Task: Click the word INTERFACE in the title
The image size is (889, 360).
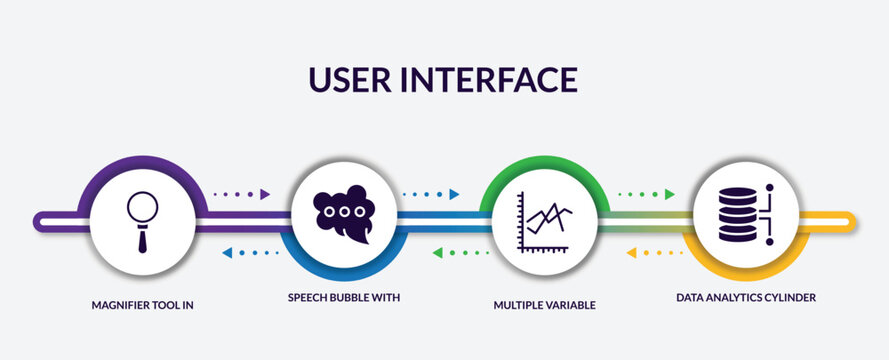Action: click(x=498, y=79)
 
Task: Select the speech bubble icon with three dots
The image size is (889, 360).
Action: click(x=343, y=214)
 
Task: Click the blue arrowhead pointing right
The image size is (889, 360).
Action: click(x=454, y=194)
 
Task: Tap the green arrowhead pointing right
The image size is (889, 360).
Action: click(x=670, y=194)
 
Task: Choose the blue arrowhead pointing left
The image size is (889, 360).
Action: click(x=227, y=253)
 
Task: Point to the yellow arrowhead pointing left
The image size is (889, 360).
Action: click(x=631, y=253)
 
